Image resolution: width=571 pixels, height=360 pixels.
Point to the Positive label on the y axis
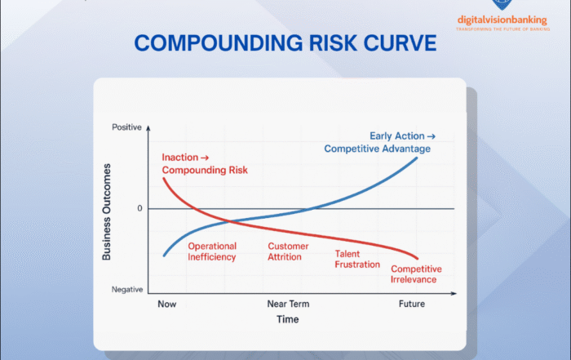[x=126, y=128]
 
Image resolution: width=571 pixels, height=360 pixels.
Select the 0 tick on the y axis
[x=139, y=209]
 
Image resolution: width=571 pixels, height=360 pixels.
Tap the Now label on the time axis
[x=166, y=304]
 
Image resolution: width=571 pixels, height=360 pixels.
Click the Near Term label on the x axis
[x=289, y=304]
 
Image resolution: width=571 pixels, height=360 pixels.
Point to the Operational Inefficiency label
[x=212, y=251]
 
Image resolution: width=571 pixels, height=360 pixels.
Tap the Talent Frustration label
[x=357, y=259]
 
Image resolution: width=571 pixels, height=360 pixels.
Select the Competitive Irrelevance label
[x=416, y=274]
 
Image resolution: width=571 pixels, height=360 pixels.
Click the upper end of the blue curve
[x=418, y=157]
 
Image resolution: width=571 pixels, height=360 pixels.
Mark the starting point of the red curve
[x=164, y=178]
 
